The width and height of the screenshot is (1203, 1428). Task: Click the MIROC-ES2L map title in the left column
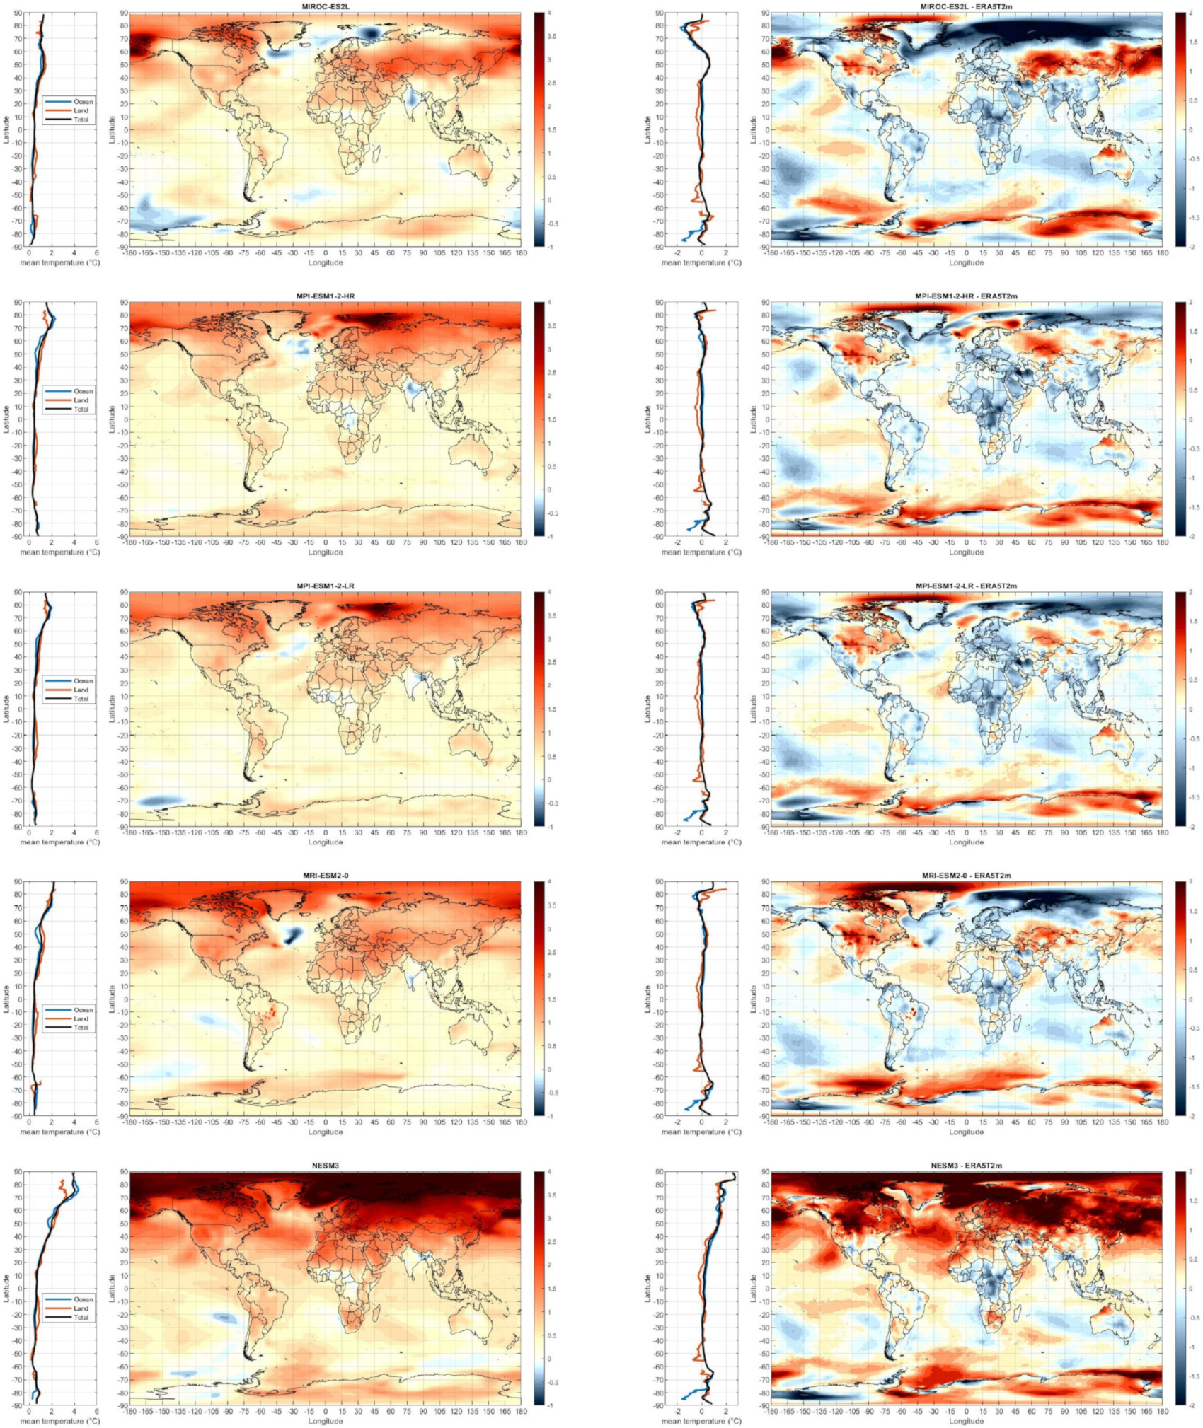(x=326, y=6)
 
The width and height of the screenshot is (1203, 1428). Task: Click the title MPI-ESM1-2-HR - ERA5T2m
(x=966, y=296)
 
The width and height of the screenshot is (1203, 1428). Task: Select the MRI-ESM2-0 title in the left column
(x=326, y=876)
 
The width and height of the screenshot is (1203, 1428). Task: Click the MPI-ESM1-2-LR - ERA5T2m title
(x=966, y=586)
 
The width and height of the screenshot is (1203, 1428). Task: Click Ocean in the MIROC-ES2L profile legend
(x=83, y=102)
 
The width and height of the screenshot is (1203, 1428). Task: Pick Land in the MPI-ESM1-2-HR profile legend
(x=81, y=400)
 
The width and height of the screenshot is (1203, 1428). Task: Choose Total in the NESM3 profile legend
(x=81, y=1318)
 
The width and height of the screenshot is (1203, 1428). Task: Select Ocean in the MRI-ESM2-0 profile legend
(x=83, y=1010)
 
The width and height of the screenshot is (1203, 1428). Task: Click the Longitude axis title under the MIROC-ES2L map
(x=326, y=262)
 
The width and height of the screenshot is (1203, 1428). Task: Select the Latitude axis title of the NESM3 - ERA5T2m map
(x=754, y=1289)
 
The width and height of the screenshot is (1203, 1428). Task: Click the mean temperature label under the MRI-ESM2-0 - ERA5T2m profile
(x=701, y=1132)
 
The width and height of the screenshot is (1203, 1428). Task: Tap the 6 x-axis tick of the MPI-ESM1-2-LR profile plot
(x=96, y=833)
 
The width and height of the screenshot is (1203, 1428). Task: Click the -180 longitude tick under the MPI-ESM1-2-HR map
(x=129, y=543)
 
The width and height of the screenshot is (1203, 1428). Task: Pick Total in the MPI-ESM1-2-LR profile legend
(x=81, y=699)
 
